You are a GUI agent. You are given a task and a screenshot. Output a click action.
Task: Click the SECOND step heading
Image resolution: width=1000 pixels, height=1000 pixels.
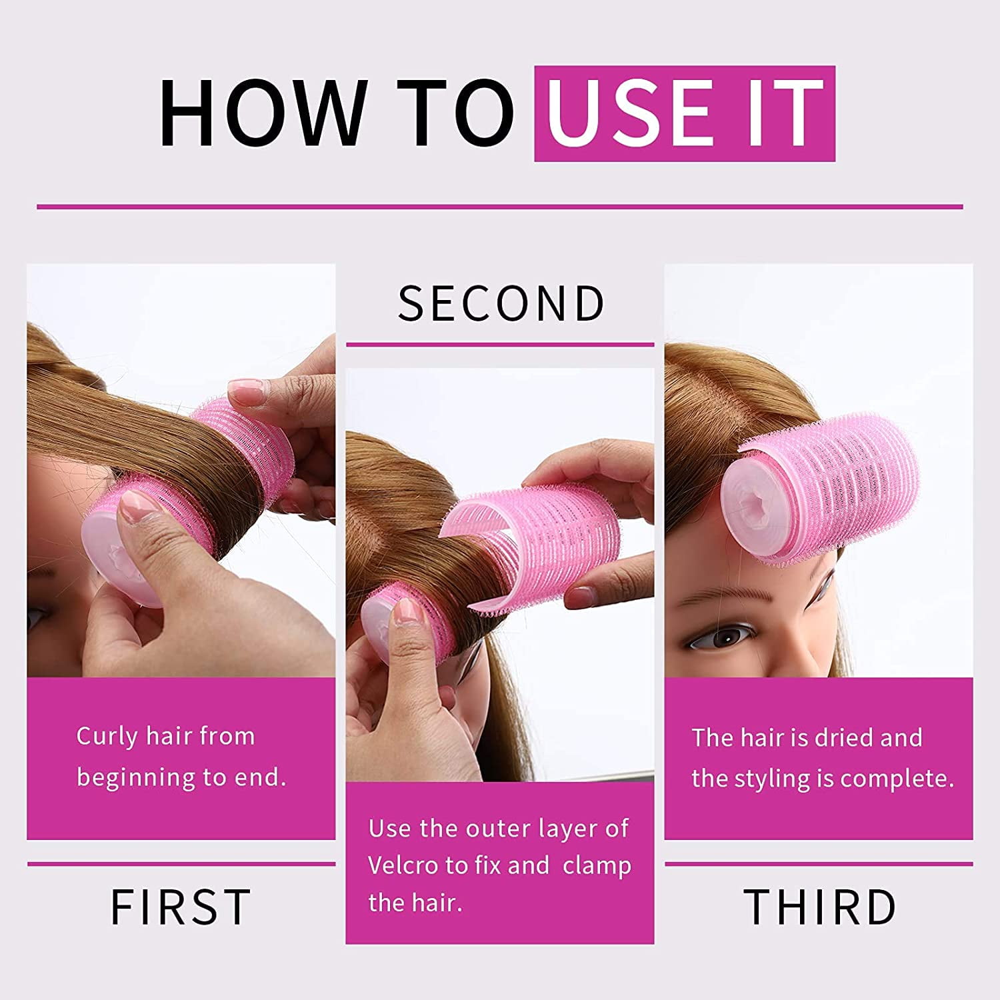click(501, 303)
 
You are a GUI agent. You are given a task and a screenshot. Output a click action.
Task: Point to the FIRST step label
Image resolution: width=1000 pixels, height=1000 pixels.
click(181, 907)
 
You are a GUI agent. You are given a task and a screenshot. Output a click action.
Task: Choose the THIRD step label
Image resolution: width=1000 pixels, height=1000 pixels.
click(820, 907)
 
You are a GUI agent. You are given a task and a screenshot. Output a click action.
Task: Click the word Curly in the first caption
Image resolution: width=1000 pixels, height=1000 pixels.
click(107, 737)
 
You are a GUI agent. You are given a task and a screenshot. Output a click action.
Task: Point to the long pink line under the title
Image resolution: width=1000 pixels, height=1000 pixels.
click(500, 207)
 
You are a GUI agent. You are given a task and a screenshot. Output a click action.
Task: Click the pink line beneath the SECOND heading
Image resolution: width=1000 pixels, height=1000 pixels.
click(500, 345)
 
